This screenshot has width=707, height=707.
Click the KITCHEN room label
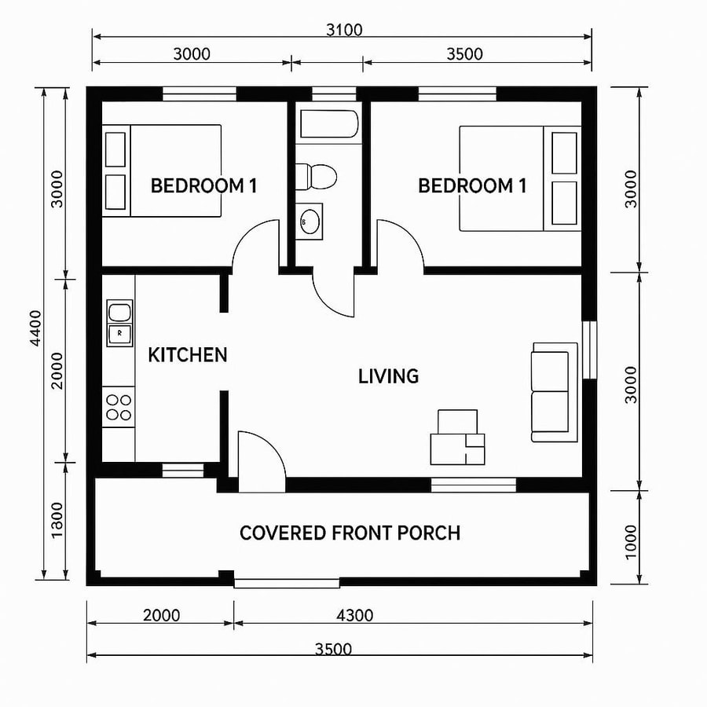pyautogui.click(x=188, y=355)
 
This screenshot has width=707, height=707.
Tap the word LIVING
pyautogui.click(x=388, y=376)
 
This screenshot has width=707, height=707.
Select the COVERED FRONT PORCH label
pyautogui.click(x=350, y=533)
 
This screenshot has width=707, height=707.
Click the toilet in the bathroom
pyautogui.click(x=315, y=175)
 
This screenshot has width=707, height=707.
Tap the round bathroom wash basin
pyautogui.click(x=310, y=222)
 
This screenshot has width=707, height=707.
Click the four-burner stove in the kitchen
pyautogui.click(x=119, y=406)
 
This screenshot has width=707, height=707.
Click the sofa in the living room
pyautogui.click(x=550, y=390)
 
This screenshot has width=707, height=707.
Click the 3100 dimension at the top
pyautogui.click(x=344, y=31)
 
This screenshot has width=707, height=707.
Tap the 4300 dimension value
pyautogui.click(x=354, y=615)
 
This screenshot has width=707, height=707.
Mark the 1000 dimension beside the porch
pyautogui.click(x=632, y=539)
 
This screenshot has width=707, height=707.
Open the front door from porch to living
pyautogui.click(x=260, y=463)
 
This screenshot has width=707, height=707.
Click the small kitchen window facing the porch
pyautogui.click(x=182, y=470)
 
